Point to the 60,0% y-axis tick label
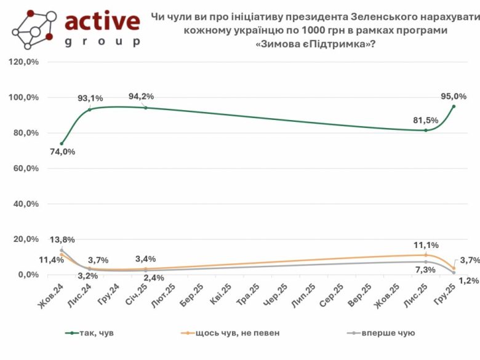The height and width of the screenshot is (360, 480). click(25, 169)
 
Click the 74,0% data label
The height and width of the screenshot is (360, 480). click(62, 152)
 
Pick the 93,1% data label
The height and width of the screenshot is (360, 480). click(89, 98)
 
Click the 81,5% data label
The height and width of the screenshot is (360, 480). click(425, 120)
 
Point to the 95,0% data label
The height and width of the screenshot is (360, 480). click(454, 96)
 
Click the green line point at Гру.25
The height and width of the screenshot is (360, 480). click(454, 106)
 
